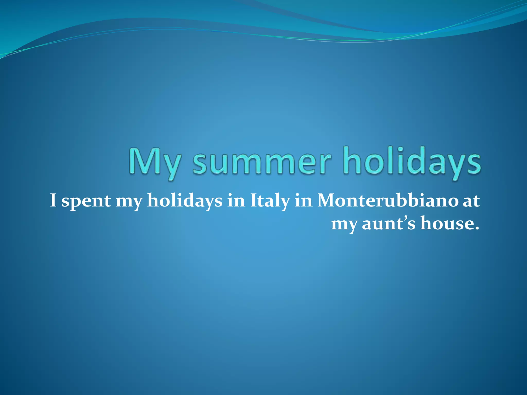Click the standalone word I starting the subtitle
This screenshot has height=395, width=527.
click(x=53, y=201)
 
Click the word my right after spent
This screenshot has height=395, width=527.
click(x=129, y=202)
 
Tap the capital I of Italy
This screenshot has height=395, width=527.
click(x=253, y=201)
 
